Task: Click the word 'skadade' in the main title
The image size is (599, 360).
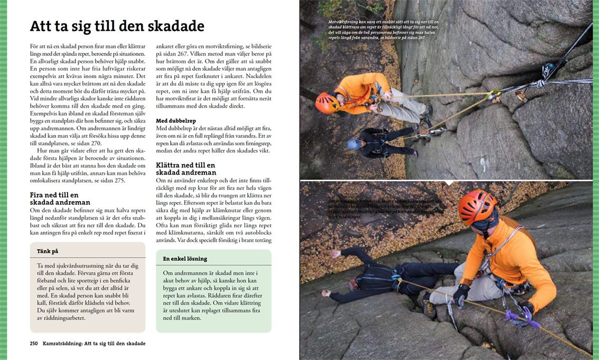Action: pos(176,26)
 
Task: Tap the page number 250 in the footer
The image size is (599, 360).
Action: pos(34,343)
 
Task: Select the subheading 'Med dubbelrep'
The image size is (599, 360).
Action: pos(176,121)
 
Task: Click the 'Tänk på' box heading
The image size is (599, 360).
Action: pos(48,251)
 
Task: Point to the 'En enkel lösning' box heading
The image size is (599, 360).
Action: pos(185,259)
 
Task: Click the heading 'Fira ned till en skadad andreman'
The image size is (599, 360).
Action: pos(60,198)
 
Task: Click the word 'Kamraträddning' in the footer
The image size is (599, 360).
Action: pos(62,343)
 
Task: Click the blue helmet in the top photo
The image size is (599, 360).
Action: pos(354,144)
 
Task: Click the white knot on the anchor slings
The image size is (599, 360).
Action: pos(539,83)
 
